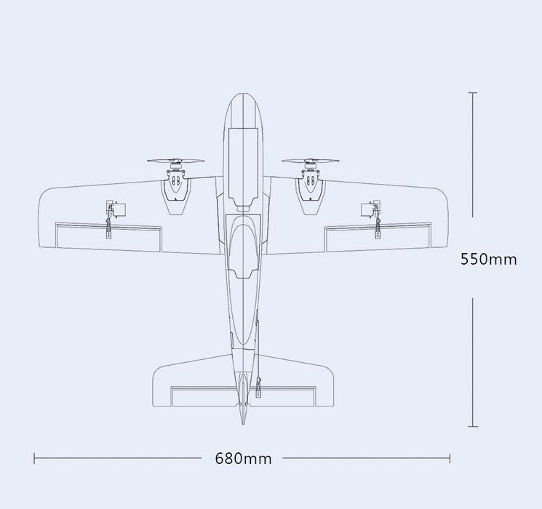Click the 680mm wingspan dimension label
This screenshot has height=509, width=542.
(x=243, y=459)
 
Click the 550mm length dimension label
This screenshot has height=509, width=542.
(x=488, y=259)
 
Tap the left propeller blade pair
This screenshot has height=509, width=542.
(x=175, y=161)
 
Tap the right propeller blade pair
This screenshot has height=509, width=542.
(x=310, y=161)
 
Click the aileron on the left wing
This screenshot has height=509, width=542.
(x=108, y=237)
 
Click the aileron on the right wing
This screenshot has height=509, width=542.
(x=378, y=237)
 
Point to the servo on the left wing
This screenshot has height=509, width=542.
(x=116, y=209)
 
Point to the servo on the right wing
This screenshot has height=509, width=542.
(x=371, y=209)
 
